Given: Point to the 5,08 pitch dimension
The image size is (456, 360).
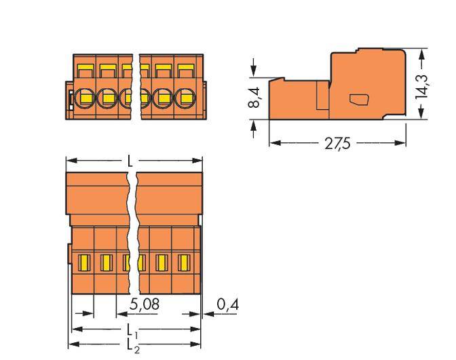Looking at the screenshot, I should pyautogui.click(x=145, y=306).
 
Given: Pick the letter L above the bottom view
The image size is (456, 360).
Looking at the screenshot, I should pyautogui.click(x=130, y=163).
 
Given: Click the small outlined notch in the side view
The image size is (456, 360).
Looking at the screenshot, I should pyautogui.click(x=358, y=100).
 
